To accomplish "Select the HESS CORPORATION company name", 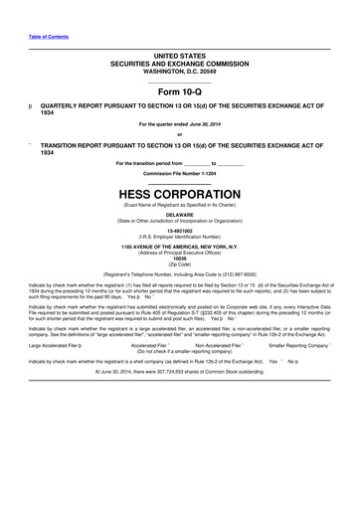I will point(179,194).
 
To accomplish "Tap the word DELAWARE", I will point(179,214).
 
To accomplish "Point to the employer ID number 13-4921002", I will point(179,230).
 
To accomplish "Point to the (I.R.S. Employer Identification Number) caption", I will point(179,237).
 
